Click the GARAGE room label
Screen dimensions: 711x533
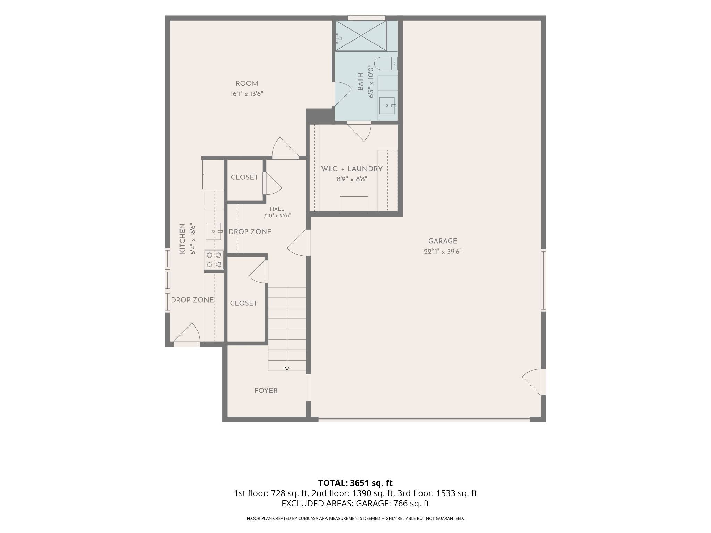tap(443, 241)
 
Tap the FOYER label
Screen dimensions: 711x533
tap(266, 391)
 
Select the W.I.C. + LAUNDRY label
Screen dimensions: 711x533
tap(352, 169)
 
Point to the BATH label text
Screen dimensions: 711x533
tap(360, 82)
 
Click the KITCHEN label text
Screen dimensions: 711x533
tap(182, 238)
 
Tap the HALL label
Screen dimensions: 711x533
tap(277, 209)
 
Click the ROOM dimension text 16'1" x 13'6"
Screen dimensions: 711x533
tap(247, 94)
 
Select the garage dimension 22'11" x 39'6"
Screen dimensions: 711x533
tap(443, 252)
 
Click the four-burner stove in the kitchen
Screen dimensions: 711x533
tap(214, 260)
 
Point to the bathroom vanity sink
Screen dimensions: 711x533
tap(387, 105)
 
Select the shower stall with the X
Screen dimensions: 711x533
tap(361, 36)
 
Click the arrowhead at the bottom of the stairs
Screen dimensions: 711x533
tap(287, 369)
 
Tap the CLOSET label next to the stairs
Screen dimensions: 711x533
tap(243, 303)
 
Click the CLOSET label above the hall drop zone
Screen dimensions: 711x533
tap(244, 177)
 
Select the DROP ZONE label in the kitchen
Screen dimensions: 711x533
tap(192, 300)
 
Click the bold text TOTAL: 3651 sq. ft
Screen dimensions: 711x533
tap(355, 483)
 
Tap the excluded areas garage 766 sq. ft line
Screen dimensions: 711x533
tap(355, 504)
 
